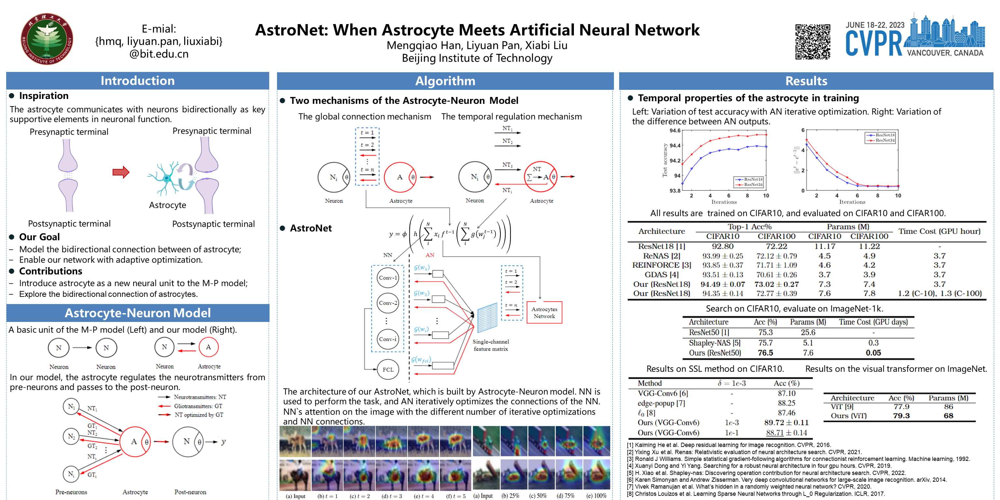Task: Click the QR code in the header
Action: [x=812, y=42]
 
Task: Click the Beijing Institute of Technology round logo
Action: [x=47, y=39]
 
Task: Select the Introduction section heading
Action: [x=137, y=81]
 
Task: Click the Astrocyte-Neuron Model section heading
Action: [x=137, y=313]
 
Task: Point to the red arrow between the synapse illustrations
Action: [x=121, y=172]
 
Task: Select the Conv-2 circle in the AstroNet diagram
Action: [x=388, y=303]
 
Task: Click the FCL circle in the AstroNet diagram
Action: [x=388, y=369]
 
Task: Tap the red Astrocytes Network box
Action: [x=544, y=312]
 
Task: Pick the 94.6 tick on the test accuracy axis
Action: [x=675, y=131]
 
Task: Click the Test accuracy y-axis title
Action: [x=665, y=160]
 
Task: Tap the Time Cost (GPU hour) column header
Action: [x=939, y=231]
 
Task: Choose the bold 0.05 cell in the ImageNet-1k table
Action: [x=873, y=353]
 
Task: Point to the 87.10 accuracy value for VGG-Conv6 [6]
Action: [x=786, y=393]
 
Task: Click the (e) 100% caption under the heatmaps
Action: [x=596, y=496]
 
